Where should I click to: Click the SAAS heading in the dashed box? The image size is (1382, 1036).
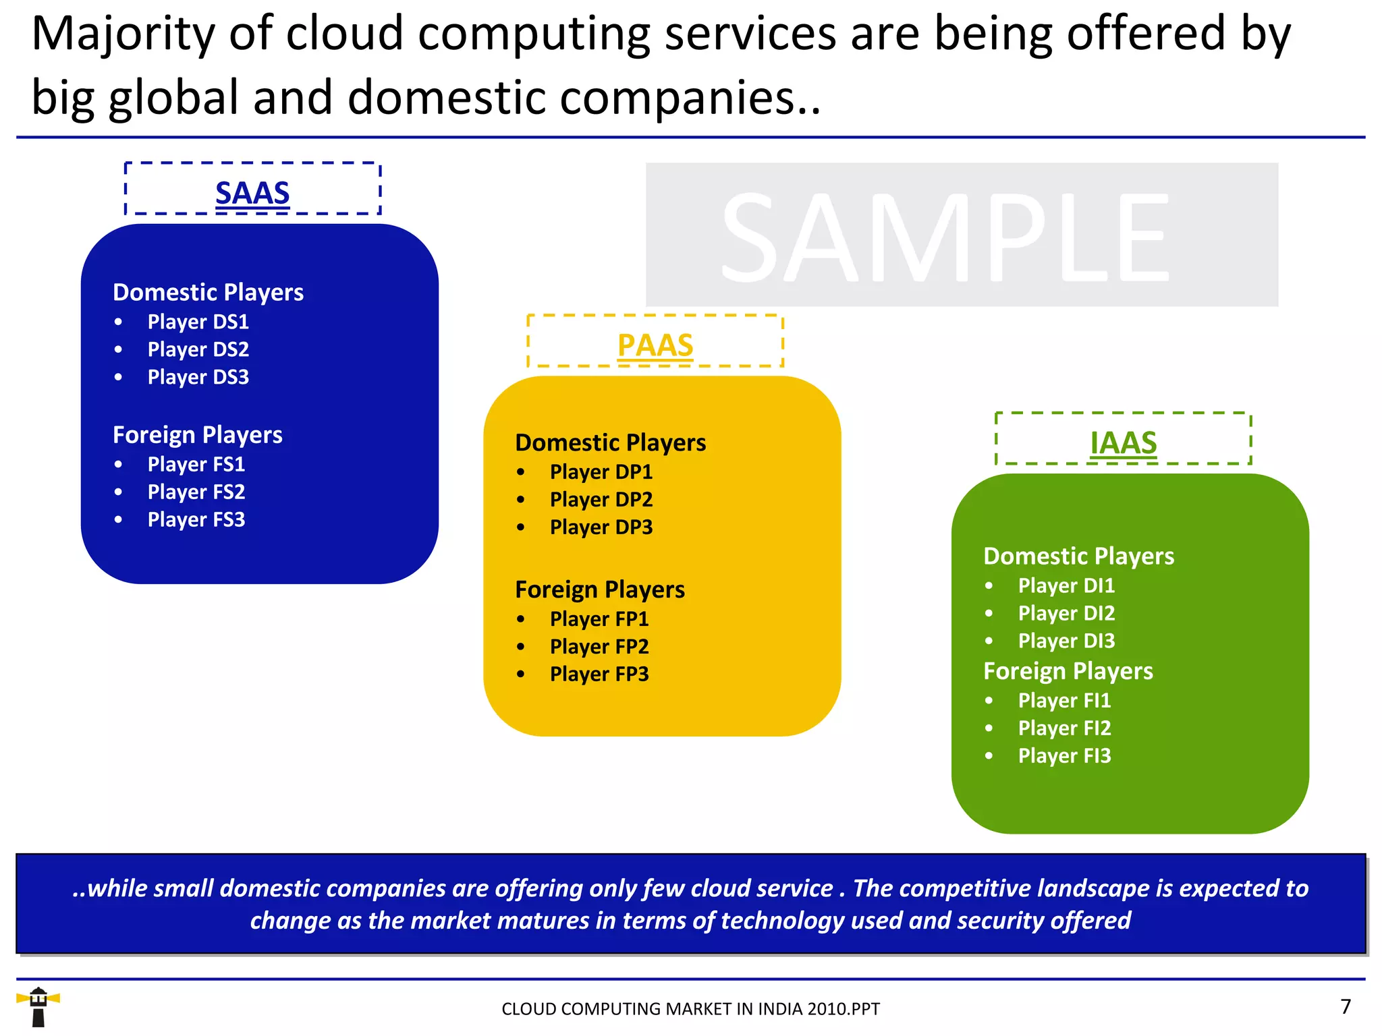[x=252, y=193]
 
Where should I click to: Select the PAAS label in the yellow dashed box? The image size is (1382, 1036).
[x=655, y=345]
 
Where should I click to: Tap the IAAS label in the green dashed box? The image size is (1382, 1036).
[x=1124, y=442]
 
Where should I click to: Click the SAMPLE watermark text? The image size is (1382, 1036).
[x=945, y=236]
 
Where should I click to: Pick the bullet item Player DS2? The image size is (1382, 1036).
[x=198, y=349]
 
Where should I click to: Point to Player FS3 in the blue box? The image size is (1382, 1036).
[x=196, y=519]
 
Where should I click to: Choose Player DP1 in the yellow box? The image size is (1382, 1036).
[x=601, y=472]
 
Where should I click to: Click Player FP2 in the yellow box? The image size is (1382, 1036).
[x=599, y=646]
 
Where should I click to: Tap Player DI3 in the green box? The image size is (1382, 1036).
[x=1066, y=641]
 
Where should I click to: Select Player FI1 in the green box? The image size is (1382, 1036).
[x=1064, y=700]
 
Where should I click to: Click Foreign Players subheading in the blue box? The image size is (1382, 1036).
[x=197, y=435]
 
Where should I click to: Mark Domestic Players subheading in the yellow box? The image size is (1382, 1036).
[x=610, y=442]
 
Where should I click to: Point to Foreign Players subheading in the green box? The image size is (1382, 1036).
[x=1068, y=671]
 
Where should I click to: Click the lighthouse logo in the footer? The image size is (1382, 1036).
[x=38, y=1007]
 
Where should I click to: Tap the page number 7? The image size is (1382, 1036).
[x=1346, y=1006]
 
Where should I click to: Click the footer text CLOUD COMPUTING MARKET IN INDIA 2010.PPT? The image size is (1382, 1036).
[x=690, y=1009]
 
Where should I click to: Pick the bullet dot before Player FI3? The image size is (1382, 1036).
[x=989, y=755]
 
